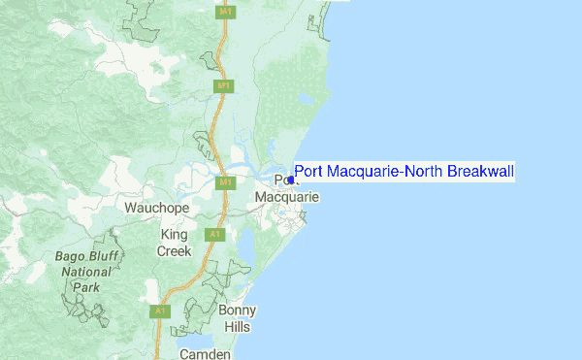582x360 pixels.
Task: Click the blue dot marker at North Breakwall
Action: (x=291, y=179)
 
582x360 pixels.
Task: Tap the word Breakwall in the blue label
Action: (x=480, y=172)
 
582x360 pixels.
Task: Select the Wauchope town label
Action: (x=153, y=208)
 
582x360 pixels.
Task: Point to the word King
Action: (x=175, y=235)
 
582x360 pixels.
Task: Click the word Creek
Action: (x=175, y=250)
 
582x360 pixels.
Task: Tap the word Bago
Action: (x=72, y=257)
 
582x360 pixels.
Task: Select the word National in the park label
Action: (x=86, y=273)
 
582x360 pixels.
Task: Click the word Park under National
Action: (x=86, y=287)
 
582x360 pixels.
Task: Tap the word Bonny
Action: (x=238, y=311)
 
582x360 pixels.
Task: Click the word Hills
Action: (x=238, y=326)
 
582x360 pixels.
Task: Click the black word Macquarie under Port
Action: (x=287, y=197)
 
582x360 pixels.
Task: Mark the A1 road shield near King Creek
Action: (x=214, y=234)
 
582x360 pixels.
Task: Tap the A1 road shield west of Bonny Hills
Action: (x=158, y=311)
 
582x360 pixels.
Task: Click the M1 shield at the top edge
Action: (x=225, y=13)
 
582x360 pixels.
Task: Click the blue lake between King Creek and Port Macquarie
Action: (x=245, y=248)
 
